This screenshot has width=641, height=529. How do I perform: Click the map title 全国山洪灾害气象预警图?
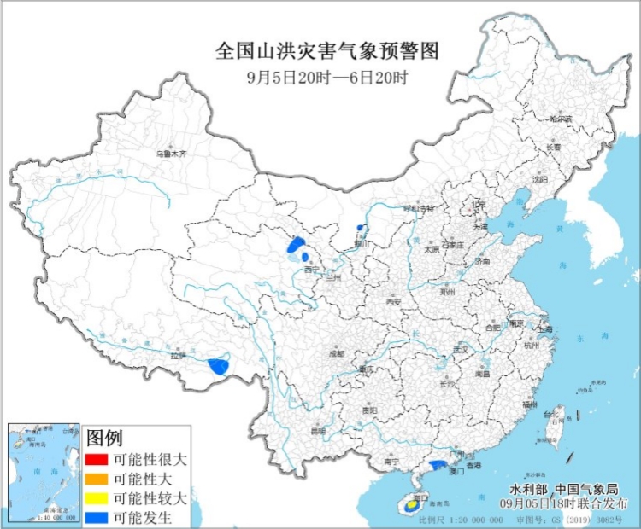(x=327, y=51)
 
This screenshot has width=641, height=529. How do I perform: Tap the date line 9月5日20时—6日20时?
(x=327, y=76)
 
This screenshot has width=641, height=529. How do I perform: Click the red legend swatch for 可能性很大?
(x=96, y=460)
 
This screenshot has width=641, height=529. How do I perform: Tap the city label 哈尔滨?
(x=562, y=119)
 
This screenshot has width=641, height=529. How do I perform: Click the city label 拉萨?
(x=177, y=356)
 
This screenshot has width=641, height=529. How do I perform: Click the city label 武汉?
(x=462, y=350)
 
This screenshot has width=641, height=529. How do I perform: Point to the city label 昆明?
(x=318, y=431)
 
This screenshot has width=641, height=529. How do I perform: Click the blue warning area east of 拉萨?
(x=220, y=367)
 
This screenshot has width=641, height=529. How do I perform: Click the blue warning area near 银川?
(x=362, y=228)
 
